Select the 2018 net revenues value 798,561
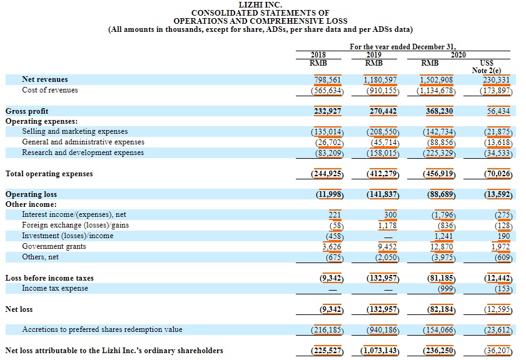point(327,79)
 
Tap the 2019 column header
point(373,54)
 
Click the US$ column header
point(485,62)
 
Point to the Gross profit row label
point(27,111)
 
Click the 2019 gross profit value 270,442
point(383,111)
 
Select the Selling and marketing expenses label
point(74,132)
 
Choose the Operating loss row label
point(31,194)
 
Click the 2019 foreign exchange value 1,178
point(388,225)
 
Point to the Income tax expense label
point(55,288)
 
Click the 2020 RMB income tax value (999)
point(445,288)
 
